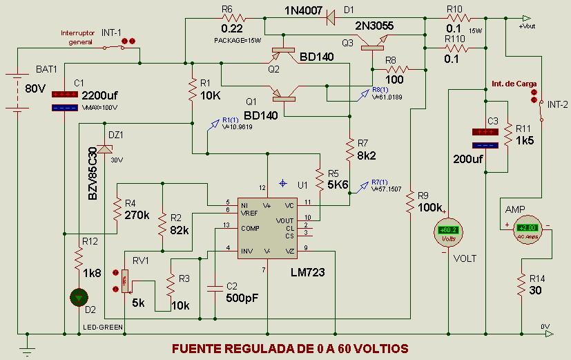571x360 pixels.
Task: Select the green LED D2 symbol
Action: (x=79, y=297)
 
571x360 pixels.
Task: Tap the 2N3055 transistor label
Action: (x=374, y=26)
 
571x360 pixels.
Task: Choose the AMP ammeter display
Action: (x=527, y=227)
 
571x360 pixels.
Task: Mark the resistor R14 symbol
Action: (x=522, y=285)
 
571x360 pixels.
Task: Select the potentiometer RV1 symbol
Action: (x=125, y=281)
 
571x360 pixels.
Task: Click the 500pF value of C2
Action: (x=242, y=299)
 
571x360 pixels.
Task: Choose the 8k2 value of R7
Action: (x=366, y=156)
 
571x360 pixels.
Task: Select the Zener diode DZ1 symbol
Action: (x=104, y=149)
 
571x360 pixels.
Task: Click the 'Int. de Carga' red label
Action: (x=514, y=84)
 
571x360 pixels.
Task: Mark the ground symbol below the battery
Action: (x=27, y=350)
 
